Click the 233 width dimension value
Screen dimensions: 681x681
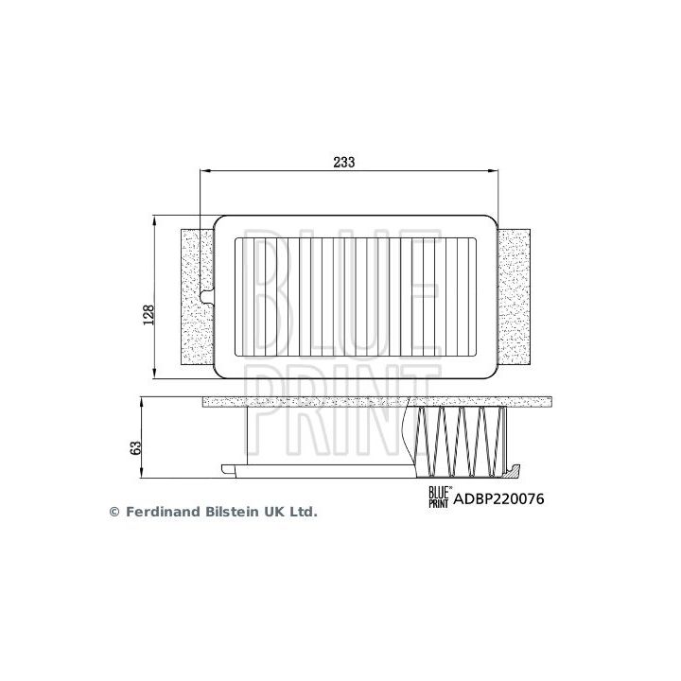click(343, 163)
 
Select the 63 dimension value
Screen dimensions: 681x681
click(135, 445)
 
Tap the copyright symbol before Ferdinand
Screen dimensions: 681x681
click(114, 512)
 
